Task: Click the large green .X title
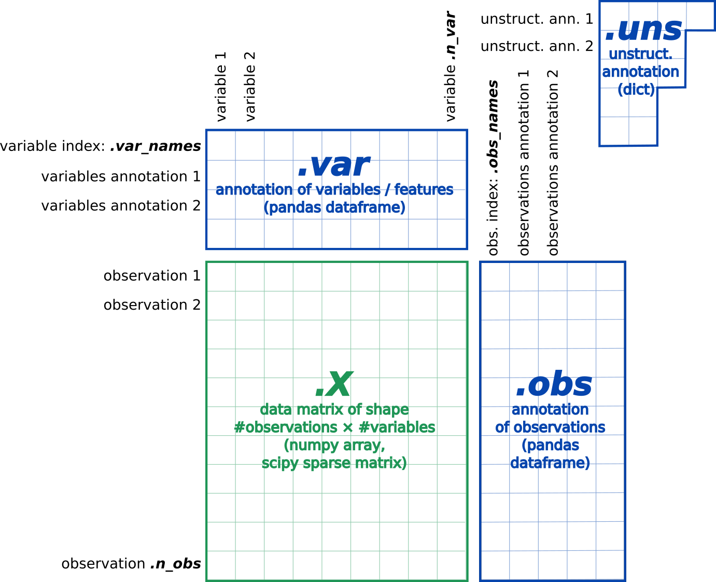pyautogui.click(x=334, y=384)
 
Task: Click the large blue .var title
pyautogui.click(x=334, y=165)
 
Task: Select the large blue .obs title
pyautogui.click(x=554, y=384)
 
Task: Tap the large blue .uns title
pyautogui.click(x=643, y=30)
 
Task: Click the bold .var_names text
pyautogui.click(x=156, y=147)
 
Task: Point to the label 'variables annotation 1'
pyautogui.click(x=121, y=176)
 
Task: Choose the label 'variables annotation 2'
pyautogui.click(x=121, y=206)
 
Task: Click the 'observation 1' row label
pyautogui.click(x=152, y=276)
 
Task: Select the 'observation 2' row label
pyautogui.click(x=152, y=305)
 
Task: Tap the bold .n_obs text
pyautogui.click(x=175, y=564)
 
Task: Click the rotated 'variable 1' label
pyautogui.click(x=221, y=87)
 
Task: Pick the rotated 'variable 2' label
pyautogui.click(x=250, y=87)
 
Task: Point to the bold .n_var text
pyautogui.click(x=451, y=36)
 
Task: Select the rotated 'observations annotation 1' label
pyautogui.click(x=524, y=163)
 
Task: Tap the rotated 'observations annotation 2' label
pyautogui.click(x=553, y=163)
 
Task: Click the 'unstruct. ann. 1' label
pyautogui.click(x=537, y=19)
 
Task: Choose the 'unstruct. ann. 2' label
pyautogui.click(x=537, y=46)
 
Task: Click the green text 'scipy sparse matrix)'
pyautogui.click(x=334, y=463)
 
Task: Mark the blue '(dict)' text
pyautogui.click(x=636, y=89)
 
